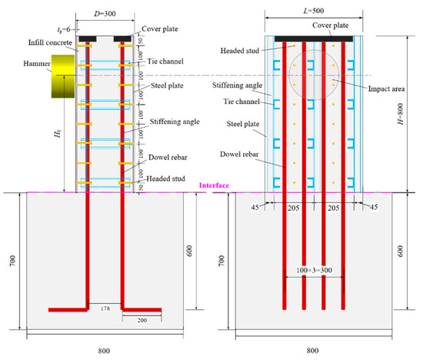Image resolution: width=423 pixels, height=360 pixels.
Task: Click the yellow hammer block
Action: pos(63,76)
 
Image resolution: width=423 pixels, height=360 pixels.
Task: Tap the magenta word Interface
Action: pos(214,185)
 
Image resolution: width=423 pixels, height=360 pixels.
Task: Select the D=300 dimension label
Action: pos(105,14)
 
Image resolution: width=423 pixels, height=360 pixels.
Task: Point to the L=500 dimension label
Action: pos(314,11)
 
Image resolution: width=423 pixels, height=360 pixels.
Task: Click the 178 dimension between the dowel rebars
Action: pos(105,308)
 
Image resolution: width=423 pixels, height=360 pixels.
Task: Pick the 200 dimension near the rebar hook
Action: pos(142,320)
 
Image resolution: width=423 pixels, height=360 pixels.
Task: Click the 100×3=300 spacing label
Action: pos(314,270)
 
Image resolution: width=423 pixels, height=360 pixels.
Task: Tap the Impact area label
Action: pos(386,88)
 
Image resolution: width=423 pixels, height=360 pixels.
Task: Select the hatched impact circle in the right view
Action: pos(314,75)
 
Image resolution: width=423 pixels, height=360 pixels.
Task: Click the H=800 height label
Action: pos(401,114)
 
